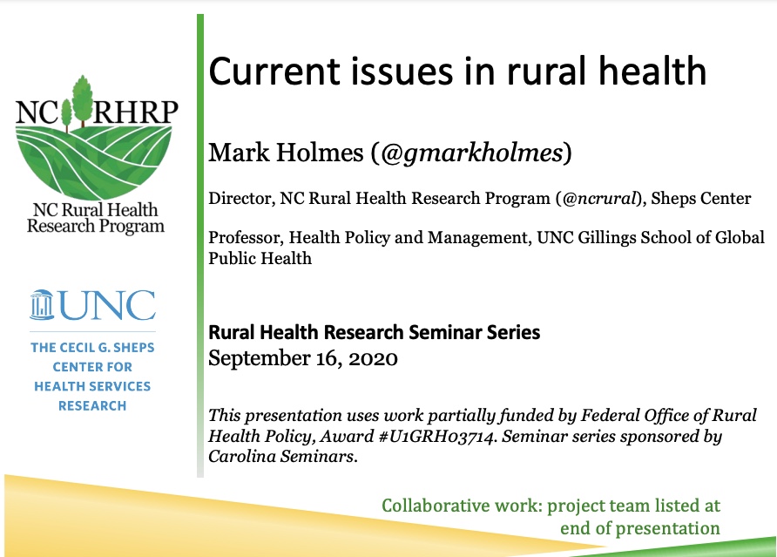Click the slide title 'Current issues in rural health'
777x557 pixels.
tap(457, 71)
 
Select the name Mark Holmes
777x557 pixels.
tap(286, 153)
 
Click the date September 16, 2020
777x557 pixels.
tap(303, 358)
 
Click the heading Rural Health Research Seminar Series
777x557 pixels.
tap(375, 332)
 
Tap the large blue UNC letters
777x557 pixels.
tap(107, 305)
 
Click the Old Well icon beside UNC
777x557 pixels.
tap(42, 304)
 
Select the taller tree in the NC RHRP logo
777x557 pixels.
tap(83, 99)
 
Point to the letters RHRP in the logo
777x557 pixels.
tap(135, 112)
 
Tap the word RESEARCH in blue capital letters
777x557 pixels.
tap(92, 405)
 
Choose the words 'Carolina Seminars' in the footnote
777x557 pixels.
tap(281, 456)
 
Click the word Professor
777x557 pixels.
tap(246, 238)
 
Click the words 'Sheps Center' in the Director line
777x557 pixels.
tap(701, 199)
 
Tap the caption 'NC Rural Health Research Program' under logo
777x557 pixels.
tap(95, 218)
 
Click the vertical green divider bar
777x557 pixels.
tap(200, 246)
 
